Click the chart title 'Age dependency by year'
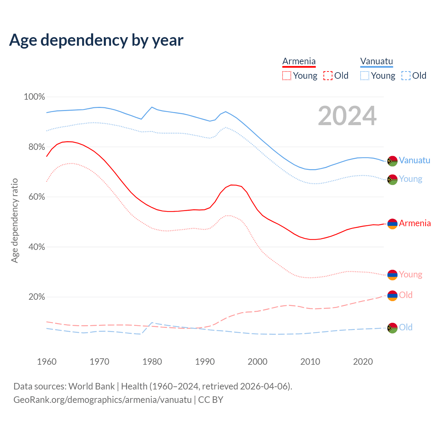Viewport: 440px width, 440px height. pyautogui.click(x=96, y=40)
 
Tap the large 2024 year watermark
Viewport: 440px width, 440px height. pyautogui.click(x=347, y=116)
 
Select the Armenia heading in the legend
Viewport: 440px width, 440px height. pyautogui.click(x=299, y=61)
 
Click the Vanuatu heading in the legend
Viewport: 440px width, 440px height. pyautogui.click(x=376, y=61)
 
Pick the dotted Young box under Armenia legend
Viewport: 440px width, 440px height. pyautogui.click(x=287, y=76)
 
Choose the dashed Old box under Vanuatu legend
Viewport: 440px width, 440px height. pyautogui.click(x=406, y=76)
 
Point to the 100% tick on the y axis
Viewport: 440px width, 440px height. pyautogui.click(x=34, y=97)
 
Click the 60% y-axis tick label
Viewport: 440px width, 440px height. pyautogui.click(x=36, y=197)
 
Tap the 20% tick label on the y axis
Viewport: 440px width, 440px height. pyautogui.click(x=36, y=297)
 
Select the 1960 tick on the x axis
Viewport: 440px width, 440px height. pyautogui.click(x=47, y=362)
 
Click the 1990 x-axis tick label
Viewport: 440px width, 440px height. pyautogui.click(x=205, y=362)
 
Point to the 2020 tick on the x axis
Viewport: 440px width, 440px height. pyautogui.click(x=363, y=362)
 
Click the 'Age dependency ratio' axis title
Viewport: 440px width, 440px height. pyautogui.click(x=14, y=220)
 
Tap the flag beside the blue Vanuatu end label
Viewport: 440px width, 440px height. pyautogui.click(x=392, y=161)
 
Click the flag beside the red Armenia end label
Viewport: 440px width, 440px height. pyautogui.click(x=392, y=224)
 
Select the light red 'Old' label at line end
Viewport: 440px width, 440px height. pyautogui.click(x=406, y=295)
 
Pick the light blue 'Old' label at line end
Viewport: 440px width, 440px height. pyautogui.click(x=406, y=328)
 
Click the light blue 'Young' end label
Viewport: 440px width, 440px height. pyautogui.click(x=410, y=179)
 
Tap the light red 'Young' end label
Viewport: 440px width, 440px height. pyautogui.click(x=410, y=275)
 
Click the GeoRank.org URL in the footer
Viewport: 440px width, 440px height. pyautogui.click(x=102, y=400)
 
